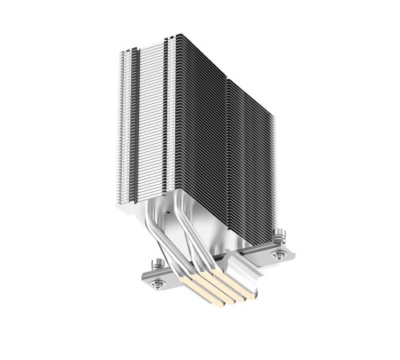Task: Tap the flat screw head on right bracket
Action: tap(281, 254)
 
